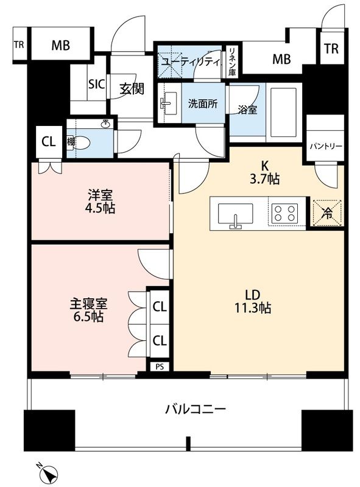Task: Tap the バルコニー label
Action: pyautogui.click(x=196, y=408)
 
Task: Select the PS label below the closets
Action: pyautogui.click(x=160, y=366)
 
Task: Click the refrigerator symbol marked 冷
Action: pyautogui.click(x=327, y=213)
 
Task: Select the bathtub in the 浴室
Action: pyautogui.click(x=284, y=112)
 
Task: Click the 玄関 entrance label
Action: pyautogui.click(x=131, y=89)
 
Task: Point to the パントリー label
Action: pyautogui.click(x=326, y=147)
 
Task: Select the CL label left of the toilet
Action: pyautogui.click(x=48, y=142)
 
